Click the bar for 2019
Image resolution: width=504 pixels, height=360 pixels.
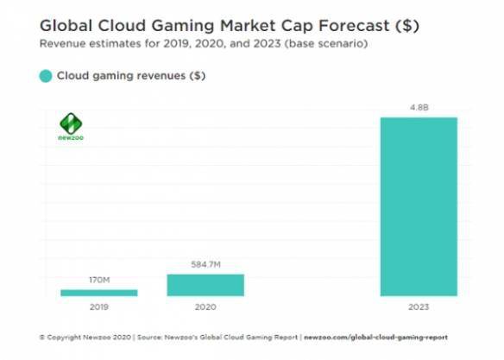pos(99,293)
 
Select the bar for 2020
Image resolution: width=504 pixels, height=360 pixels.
pos(205,285)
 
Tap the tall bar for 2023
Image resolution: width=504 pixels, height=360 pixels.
pos(419,206)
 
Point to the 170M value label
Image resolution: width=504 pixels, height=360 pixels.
pos(99,280)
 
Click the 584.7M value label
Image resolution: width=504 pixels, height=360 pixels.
pos(205,264)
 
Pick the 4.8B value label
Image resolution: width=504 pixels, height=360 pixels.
pos(419,107)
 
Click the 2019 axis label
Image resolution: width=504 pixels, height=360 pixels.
pos(99,307)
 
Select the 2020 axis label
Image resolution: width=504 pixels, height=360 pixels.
pos(205,307)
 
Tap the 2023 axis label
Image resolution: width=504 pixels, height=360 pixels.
pos(419,307)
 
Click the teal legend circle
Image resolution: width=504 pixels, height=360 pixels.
pos(46,76)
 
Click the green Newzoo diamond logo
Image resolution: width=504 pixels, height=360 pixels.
pos(71,123)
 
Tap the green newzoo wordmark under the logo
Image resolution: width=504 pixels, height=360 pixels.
pos(71,138)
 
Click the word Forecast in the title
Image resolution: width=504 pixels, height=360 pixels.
pos(354,26)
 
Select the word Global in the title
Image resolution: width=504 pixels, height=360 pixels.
pos(66,26)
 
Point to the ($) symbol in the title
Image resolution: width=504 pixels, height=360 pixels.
pos(407,26)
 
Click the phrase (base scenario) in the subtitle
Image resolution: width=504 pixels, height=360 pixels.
pos(326,43)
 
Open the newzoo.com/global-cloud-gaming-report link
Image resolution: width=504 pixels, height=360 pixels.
pos(375,338)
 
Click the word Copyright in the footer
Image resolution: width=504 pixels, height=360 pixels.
pos(64,338)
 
